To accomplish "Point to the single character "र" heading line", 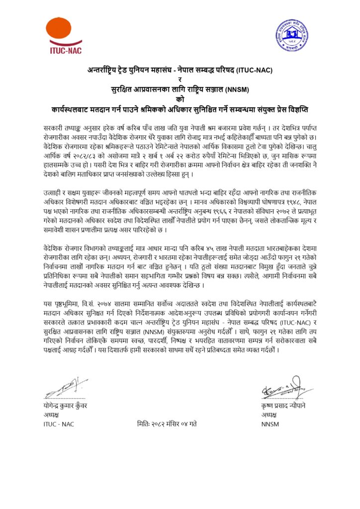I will point(180,80).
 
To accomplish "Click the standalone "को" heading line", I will point(180,99).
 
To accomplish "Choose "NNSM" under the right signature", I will point(270,424).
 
